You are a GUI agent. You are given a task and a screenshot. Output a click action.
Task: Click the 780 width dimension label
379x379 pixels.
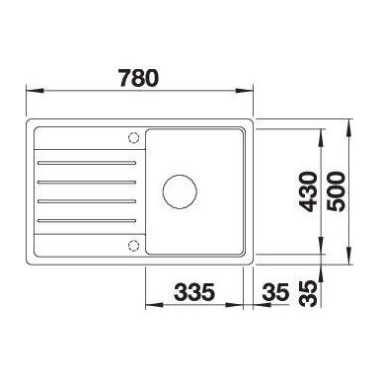tap(138, 78)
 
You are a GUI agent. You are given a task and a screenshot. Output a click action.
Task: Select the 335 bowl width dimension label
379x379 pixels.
tap(194, 292)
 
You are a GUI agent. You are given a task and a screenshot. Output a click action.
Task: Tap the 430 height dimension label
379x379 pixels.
tap(308, 191)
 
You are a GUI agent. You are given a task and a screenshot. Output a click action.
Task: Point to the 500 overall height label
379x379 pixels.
tap(337, 191)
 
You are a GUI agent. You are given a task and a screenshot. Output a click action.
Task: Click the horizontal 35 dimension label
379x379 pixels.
tap(275, 292)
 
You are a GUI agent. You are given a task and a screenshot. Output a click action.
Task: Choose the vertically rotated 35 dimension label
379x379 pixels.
tap(308, 293)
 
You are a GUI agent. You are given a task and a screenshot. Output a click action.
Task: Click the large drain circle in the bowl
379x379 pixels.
tap(180, 191)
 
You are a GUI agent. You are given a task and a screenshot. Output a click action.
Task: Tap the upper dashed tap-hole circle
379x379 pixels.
tap(133, 137)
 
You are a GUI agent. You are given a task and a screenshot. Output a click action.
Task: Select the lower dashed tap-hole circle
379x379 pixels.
tap(133, 246)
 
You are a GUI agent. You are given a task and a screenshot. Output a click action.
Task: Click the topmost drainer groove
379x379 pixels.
tap(87, 163)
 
